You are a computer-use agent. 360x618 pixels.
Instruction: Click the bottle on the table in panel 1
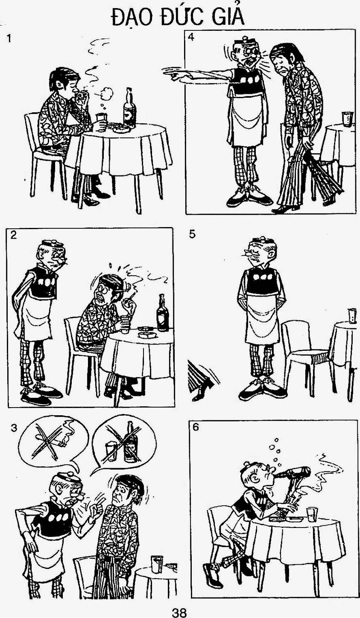coord(129,108)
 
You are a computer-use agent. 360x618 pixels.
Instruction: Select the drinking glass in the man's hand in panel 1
coord(101,121)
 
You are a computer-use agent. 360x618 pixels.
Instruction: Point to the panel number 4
coord(191,37)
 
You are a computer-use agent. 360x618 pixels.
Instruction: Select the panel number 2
coord(14,235)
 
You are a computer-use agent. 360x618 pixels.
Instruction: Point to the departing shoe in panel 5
coord(202,388)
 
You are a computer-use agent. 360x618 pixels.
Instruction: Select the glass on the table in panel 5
coord(352,316)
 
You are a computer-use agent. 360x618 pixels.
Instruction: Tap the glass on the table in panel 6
coord(311,515)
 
